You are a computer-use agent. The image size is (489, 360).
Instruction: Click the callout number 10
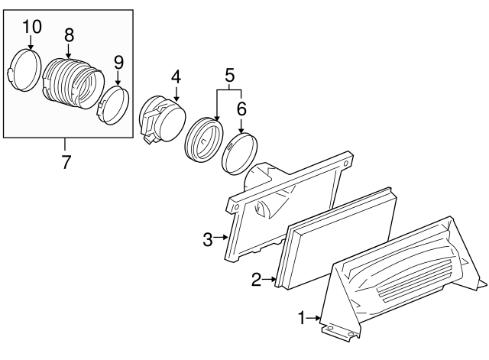tap(32, 27)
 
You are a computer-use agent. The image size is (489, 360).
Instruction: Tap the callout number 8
tap(70, 34)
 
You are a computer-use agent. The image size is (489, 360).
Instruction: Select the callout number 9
tap(118, 63)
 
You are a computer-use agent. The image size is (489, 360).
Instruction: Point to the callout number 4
tap(176, 76)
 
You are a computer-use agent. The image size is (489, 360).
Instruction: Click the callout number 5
tap(229, 76)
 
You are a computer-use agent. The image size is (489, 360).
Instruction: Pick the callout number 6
tap(241, 109)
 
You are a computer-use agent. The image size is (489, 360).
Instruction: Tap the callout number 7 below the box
tap(66, 162)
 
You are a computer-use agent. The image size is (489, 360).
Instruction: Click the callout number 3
tap(208, 239)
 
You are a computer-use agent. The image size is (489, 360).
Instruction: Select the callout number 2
tap(256, 280)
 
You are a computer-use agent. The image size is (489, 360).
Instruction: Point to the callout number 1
tap(302, 318)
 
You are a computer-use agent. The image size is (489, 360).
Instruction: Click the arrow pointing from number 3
tap(221, 238)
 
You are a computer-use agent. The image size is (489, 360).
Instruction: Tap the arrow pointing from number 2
tap(269, 279)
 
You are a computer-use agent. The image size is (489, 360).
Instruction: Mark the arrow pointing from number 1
tap(313, 318)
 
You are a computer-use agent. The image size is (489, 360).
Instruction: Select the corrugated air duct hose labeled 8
tap(73, 83)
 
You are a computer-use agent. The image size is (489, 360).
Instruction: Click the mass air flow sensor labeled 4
tap(162, 119)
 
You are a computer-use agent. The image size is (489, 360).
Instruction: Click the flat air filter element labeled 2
tap(336, 238)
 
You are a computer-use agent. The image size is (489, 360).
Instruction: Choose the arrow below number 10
tap(31, 43)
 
